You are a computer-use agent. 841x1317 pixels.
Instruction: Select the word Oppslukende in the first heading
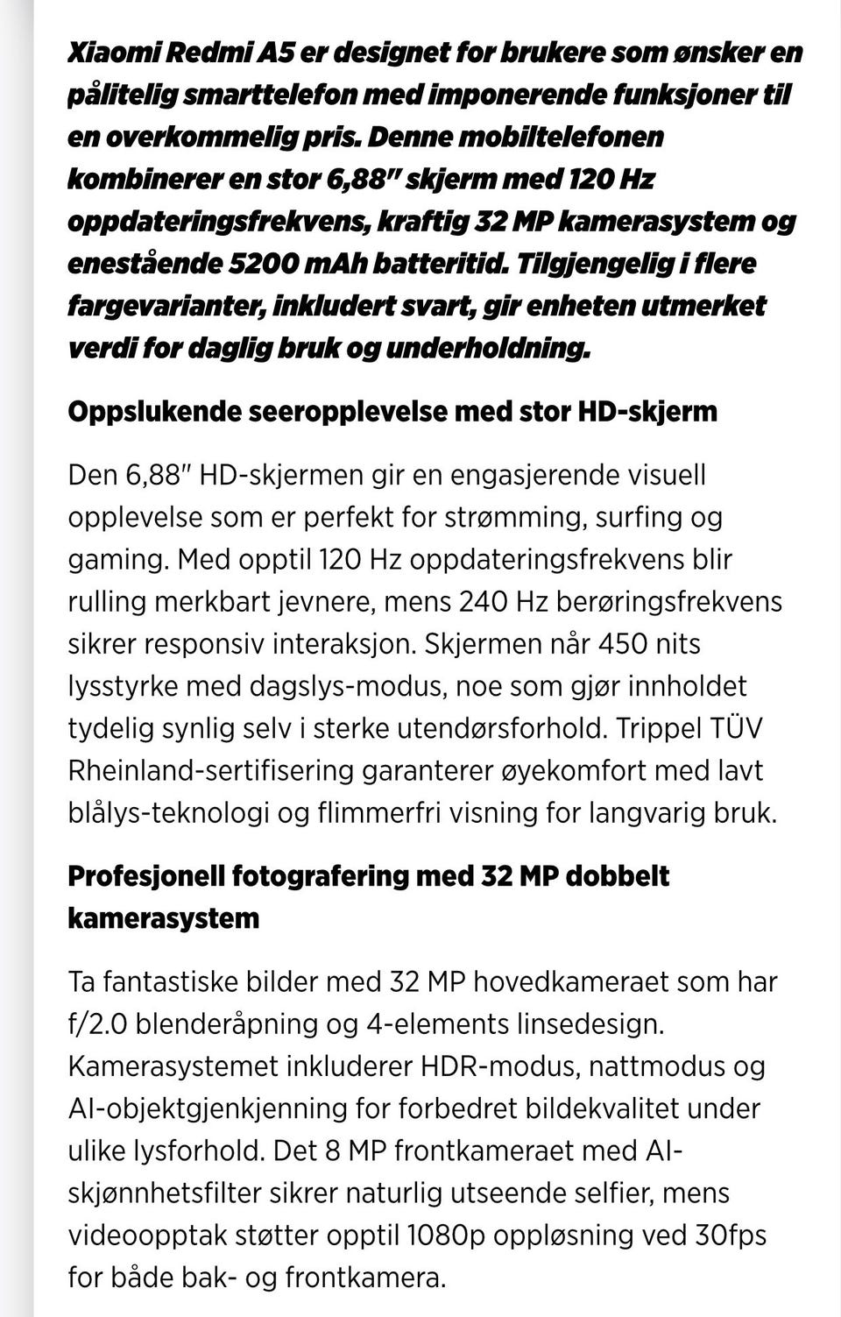tap(155, 411)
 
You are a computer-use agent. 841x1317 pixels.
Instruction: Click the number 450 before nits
tap(622, 644)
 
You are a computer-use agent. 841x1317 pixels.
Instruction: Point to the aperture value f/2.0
tap(97, 1023)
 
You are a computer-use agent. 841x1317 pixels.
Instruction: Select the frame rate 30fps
tap(731, 1235)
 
